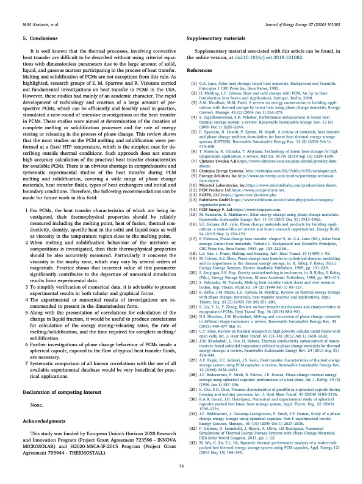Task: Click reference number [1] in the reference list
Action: pyautogui.click(x=193, y=83)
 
